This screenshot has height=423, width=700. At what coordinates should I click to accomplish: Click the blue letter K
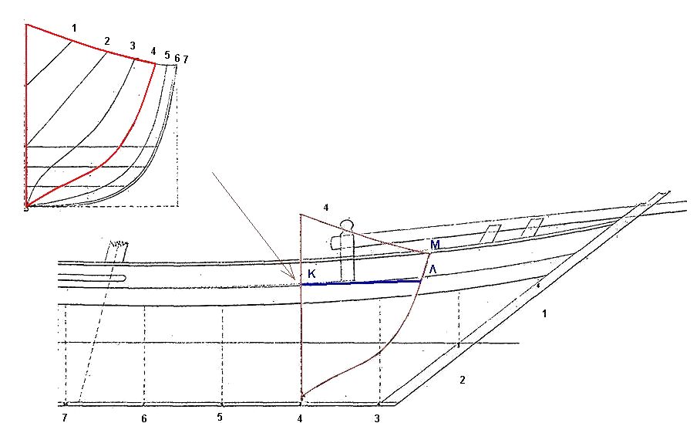[311, 274]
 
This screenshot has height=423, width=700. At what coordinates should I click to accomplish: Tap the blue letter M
[436, 245]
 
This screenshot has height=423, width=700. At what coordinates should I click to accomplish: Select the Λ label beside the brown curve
[432, 269]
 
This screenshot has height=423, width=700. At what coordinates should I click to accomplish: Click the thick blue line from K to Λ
[361, 283]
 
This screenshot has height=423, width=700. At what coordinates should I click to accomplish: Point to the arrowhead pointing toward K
[292, 276]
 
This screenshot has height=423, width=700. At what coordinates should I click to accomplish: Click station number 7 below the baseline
[65, 418]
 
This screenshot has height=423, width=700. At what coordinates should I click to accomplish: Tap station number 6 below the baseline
[143, 418]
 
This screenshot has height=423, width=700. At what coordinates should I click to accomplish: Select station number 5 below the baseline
[220, 417]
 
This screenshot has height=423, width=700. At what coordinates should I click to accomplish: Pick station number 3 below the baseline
[377, 418]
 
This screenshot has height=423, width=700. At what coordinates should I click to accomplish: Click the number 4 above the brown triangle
[326, 208]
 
